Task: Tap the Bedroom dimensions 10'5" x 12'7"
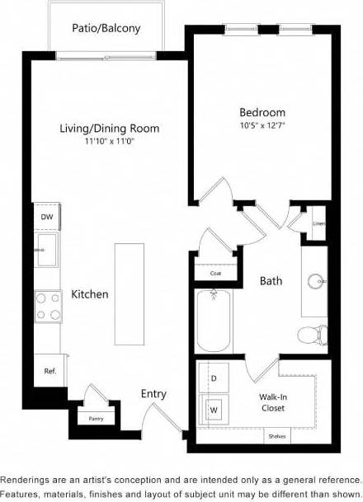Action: click(x=262, y=126)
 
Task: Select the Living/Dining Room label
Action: click(x=109, y=129)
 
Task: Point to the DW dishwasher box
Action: click(x=46, y=217)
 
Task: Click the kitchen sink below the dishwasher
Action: click(x=46, y=249)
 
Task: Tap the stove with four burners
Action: click(x=47, y=306)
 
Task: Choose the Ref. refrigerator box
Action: click(x=49, y=371)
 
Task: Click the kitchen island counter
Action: click(x=129, y=294)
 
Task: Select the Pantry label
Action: click(x=97, y=419)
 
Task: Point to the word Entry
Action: click(x=153, y=394)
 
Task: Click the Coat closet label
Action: click(x=215, y=273)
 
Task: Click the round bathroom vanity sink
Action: click(x=315, y=281)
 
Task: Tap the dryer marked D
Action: click(x=214, y=378)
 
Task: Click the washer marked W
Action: click(x=213, y=408)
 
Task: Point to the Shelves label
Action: click(x=277, y=437)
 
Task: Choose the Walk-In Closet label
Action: click(x=273, y=401)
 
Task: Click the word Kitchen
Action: click(x=89, y=294)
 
